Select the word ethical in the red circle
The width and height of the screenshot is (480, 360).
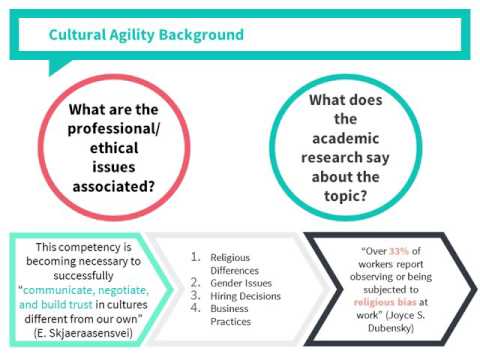tap(114, 148)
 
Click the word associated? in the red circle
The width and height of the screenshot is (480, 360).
tap(114, 187)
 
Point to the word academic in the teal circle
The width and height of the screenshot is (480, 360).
tap(346, 138)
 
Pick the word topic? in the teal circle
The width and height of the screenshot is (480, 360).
tap(346, 196)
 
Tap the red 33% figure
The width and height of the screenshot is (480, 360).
tap(399, 251)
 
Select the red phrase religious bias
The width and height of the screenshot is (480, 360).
tap(385, 302)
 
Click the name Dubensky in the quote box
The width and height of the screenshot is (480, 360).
tap(391, 328)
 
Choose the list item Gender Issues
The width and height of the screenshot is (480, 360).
tap(241, 283)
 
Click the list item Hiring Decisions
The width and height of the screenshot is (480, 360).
tap(245, 296)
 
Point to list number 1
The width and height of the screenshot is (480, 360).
tap(195, 257)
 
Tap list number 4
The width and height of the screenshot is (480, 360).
tap(195, 308)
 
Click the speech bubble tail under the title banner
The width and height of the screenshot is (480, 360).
tap(57, 66)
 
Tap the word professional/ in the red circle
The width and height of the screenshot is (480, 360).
tap(114, 129)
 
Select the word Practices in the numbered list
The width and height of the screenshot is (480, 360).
tap(231, 322)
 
